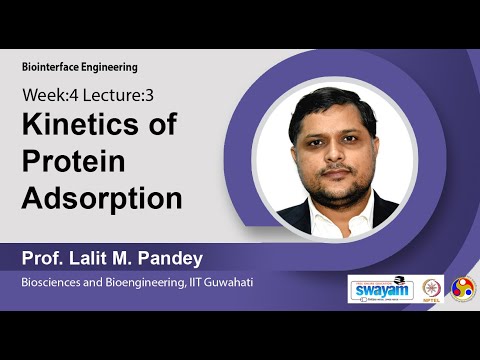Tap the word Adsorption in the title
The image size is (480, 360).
coord(102,197)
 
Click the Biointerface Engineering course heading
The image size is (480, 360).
coord(79,67)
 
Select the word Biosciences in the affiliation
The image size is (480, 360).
coord(53,284)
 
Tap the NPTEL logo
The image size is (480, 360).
coord(432,289)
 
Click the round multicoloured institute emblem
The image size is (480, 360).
coord(463,289)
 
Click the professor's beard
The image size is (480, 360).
coord(335,188)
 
